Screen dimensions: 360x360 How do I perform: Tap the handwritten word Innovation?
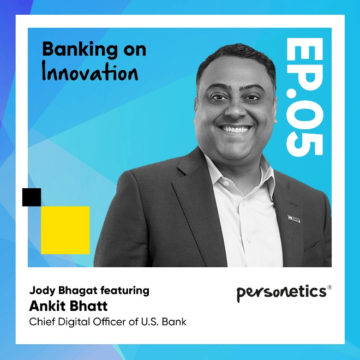pyautogui.click(x=90, y=72)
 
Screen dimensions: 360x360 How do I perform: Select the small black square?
pyautogui.click(x=32, y=197)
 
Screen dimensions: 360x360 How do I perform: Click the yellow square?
pyautogui.click(x=65, y=230)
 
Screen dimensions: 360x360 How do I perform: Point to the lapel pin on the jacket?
pyautogui.click(x=293, y=219)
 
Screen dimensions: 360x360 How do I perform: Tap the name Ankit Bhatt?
pyautogui.click(x=68, y=306)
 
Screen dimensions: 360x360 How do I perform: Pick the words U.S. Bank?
pyautogui.click(x=164, y=322)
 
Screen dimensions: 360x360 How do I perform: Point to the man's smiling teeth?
pyautogui.click(x=235, y=129)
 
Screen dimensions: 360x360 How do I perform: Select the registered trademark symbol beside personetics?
pyautogui.click(x=329, y=287)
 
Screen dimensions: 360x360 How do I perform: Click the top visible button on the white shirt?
pyautogui.click(x=226, y=183)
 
